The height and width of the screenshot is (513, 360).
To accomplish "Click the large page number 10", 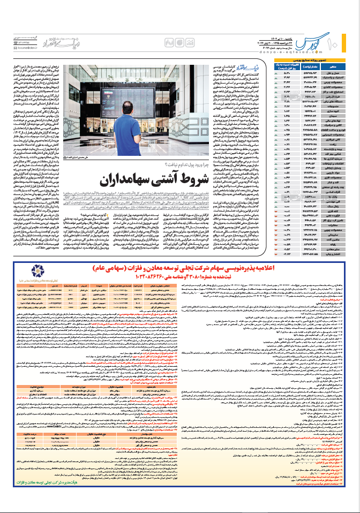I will (343, 42).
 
